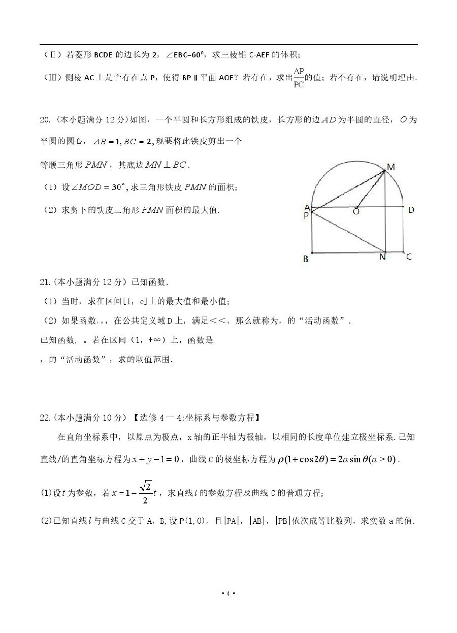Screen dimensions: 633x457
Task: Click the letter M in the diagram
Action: tap(391, 167)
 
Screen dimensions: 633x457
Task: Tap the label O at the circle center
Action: tap(356, 212)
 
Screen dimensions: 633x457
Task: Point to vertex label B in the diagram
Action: tap(306, 259)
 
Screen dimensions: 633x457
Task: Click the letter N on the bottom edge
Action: tap(382, 257)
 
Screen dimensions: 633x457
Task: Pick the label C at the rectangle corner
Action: tap(409, 257)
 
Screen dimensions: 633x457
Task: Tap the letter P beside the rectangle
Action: tap(306, 215)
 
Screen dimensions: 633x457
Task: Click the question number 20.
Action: tap(45, 120)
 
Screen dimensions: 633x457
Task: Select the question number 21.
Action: tap(45, 281)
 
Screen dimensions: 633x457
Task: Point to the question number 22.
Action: tap(45, 418)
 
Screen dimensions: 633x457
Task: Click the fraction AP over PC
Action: tap(299, 78)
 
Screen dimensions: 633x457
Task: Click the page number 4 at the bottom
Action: tap(228, 593)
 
